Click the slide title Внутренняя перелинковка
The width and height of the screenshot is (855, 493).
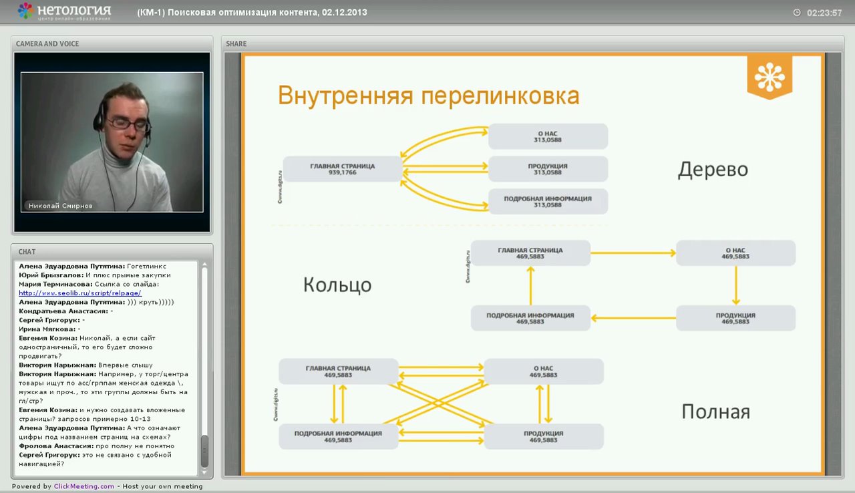coord(428,96)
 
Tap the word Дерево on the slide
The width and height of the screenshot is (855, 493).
coord(713,170)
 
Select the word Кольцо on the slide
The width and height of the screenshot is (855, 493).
coord(337,285)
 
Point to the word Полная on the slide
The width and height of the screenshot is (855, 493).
coord(715,412)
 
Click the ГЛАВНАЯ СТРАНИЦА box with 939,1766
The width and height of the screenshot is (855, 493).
coord(342,168)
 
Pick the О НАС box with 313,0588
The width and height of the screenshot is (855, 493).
coord(548,136)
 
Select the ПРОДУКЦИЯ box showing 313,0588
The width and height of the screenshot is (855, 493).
coord(548,168)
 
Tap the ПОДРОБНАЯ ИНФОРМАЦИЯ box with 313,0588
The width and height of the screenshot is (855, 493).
coord(548,201)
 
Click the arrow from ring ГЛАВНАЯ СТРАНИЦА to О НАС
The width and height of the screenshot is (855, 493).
coord(633,253)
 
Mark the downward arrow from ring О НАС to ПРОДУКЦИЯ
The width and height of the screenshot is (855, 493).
coord(735,286)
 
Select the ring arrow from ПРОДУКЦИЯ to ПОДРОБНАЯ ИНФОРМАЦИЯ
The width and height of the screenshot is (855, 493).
coord(633,318)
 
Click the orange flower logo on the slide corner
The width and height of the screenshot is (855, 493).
coord(769,76)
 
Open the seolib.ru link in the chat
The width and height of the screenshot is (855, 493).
coord(80,293)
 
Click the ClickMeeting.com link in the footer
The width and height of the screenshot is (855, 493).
coord(84,486)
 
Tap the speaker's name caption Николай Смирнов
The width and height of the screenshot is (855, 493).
coord(61,206)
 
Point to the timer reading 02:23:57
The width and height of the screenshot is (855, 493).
coord(824,13)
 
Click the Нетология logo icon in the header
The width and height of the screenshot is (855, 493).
coord(25,11)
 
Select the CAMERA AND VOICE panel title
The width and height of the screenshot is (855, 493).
coord(47,43)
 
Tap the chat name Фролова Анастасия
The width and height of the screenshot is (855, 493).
coord(55,446)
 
